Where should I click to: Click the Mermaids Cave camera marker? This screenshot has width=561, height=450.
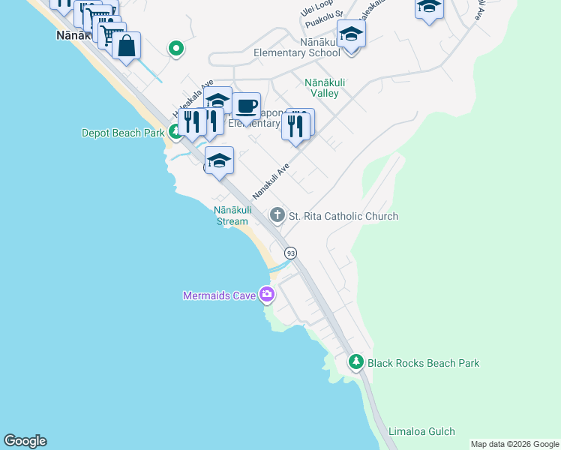[266, 294]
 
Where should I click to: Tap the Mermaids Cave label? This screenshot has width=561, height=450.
[220, 295]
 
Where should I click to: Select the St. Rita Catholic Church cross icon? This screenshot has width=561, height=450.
[277, 216]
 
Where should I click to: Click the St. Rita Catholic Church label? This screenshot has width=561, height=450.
[343, 217]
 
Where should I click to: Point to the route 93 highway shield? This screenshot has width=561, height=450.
[290, 253]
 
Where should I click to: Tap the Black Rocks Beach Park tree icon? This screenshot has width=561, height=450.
[357, 363]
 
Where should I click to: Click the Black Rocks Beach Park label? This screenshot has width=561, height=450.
[423, 364]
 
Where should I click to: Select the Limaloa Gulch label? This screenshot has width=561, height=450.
[421, 432]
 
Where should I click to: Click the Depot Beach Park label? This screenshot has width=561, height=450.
[123, 133]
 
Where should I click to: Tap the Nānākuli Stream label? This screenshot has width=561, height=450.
[232, 215]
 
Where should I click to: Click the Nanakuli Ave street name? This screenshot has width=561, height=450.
[271, 182]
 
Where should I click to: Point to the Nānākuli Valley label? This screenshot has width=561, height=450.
[322, 88]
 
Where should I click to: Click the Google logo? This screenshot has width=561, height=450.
[25, 441]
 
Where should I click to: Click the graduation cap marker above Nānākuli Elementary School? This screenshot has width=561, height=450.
[351, 34]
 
